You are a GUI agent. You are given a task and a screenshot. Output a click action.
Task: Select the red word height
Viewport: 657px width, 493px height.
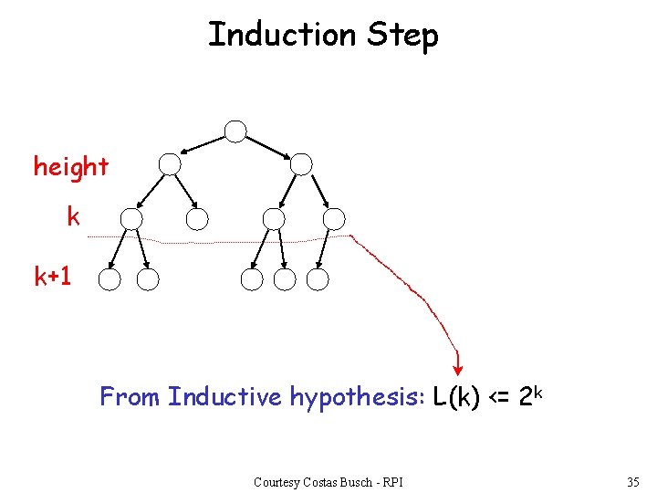71,167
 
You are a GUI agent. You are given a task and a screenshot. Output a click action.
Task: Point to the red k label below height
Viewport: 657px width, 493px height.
73,217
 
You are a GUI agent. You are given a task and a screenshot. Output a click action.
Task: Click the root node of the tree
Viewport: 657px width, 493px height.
235,131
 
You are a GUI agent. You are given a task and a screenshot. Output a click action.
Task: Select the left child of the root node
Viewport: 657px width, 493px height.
170,164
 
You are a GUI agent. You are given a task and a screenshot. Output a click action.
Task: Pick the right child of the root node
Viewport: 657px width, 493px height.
301,164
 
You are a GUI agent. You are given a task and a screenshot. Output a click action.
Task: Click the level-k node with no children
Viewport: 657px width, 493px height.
197,219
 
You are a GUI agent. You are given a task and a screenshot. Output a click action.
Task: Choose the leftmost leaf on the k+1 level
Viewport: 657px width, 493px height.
109,279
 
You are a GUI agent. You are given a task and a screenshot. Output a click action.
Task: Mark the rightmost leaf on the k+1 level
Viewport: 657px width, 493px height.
318,279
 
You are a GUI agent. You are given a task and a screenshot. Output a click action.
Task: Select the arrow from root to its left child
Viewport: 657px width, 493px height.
203,146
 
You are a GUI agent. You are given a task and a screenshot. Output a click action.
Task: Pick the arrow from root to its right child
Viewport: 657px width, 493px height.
268,146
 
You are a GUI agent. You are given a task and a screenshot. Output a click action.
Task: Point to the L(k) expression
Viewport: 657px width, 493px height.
457,398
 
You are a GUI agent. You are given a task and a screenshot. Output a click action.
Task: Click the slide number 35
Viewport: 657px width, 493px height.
633,482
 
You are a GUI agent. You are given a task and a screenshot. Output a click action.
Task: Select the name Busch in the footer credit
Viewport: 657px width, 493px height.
355,482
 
